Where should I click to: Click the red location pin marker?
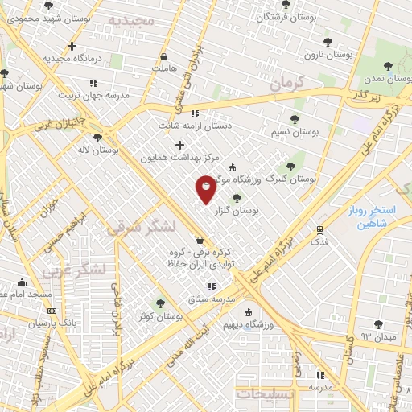click(206, 188)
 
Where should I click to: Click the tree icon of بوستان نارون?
click(327, 42)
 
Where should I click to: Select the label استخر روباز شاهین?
click(372, 216)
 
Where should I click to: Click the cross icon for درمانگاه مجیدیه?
click(72, 47)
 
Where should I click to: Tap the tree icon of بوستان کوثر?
click(160, 303)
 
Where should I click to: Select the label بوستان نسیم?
click(295, 130)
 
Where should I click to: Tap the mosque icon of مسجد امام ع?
click(22, 282)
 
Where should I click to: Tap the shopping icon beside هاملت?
click(164, 57)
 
